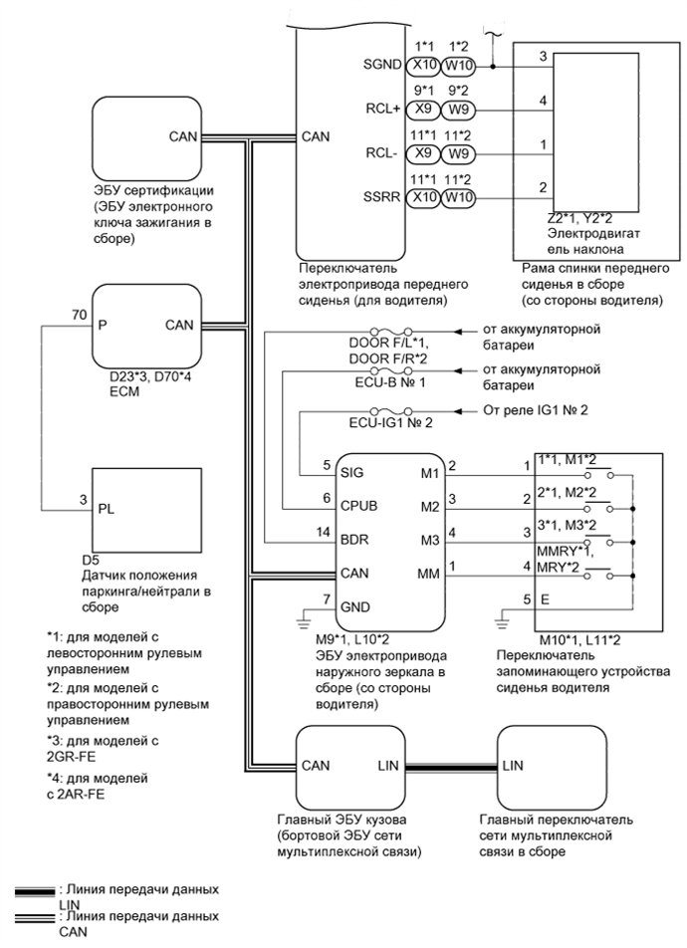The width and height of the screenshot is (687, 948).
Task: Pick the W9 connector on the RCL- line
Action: pos(459,153)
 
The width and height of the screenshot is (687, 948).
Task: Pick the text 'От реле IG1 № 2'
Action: pos(537,410)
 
